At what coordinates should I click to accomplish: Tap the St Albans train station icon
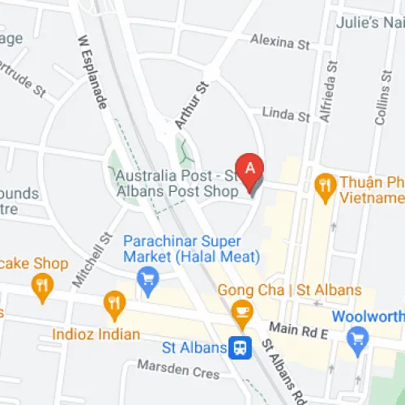[238, 347]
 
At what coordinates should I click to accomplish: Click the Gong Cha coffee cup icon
[241, 310]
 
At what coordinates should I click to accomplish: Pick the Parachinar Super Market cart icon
[147, 281]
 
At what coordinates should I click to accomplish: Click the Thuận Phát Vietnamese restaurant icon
[326, 184]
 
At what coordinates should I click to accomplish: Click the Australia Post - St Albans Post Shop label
[177, 183]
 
